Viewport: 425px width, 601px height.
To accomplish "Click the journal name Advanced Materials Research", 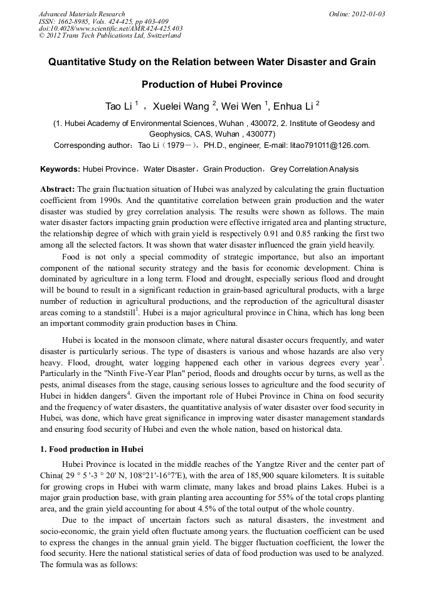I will pyautogui.click(x=81, y=14).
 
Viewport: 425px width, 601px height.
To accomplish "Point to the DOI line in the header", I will pyautogui.click(x=110, y=28).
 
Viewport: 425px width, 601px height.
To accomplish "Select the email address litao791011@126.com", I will pyautogui.click(x=330, y=145).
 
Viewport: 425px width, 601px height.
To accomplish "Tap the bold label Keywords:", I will pyautogui.click(x=60, y=169).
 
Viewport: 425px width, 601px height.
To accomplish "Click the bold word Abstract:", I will pyautogui.click(x=58, y=189).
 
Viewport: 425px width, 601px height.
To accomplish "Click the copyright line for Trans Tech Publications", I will pyautogui.click(x=110, y=36).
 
